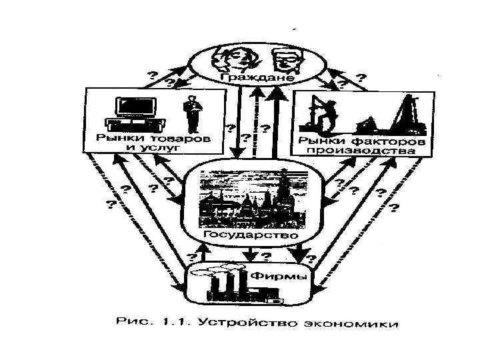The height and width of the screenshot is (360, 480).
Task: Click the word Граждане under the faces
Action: [x=257, y=79]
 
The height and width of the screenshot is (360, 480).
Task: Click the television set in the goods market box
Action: [x=131, y=112]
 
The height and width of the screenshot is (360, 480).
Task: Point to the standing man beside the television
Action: [x=192, y=114]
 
